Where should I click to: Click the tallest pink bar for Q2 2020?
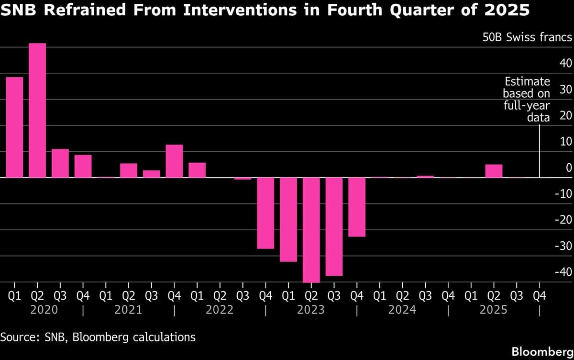click(37, 110)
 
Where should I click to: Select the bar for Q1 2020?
click(14, 127)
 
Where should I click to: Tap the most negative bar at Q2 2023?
click(311, 230)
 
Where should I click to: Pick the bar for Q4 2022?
click(265, 213)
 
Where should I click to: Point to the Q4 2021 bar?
click(174, 161)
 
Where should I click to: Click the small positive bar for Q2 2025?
click(494, 171)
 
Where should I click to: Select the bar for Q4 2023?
click(357, 207)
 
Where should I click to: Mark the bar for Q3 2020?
click(60, 163)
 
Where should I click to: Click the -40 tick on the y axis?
click(563, 272)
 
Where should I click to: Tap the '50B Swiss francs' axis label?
click(527, 37)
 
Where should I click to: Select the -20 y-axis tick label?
click(563, 220)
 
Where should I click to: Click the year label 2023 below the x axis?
click(311, 310)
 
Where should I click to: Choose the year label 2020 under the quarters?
click(44, 310)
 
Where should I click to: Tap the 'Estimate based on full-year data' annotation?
click(526, 99)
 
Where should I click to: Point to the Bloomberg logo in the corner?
click(542, 351)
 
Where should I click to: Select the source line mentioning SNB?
click(98, 337)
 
